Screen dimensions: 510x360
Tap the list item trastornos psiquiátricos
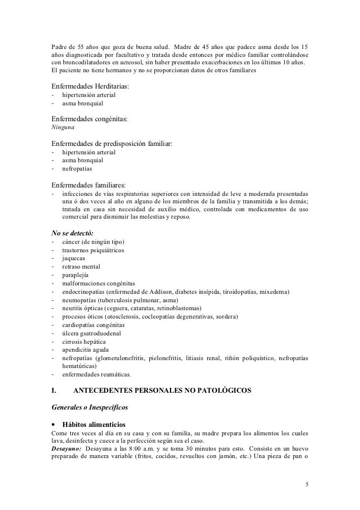[x=93, y=250]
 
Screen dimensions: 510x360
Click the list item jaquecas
[x=73, y=258]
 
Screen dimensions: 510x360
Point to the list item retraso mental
[x=81, y=267]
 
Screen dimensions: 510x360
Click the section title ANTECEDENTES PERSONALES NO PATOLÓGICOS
[x=162, y=391]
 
